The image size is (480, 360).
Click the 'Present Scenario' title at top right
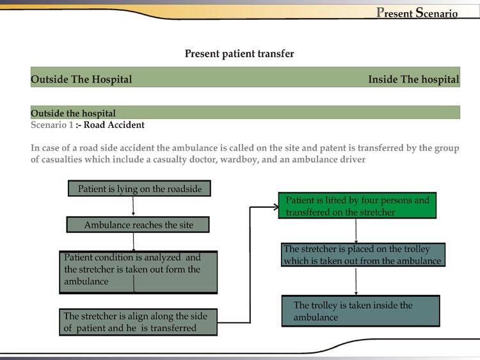pos(417,13)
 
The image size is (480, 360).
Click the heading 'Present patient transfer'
pos(239,54)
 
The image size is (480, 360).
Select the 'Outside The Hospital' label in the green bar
pos(81,79)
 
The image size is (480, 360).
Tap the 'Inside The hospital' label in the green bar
pos(413,79)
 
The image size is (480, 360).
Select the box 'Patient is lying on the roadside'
pos(139,189)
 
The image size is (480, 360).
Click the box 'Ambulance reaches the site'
pos(138,225)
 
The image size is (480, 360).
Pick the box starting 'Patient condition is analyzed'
pos(138,272)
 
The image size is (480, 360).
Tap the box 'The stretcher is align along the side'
pos(138,322)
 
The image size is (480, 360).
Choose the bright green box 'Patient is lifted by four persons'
pos(357,206)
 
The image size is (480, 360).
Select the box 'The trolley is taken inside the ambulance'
pos(360,311)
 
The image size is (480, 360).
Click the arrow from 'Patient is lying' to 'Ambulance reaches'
pos(133,207)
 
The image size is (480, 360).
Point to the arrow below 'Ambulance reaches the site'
pos(133,242)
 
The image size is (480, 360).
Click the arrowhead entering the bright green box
pos(275,207)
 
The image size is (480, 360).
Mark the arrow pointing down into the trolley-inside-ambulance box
pos(356,281)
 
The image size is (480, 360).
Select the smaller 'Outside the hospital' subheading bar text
pos(73,113)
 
